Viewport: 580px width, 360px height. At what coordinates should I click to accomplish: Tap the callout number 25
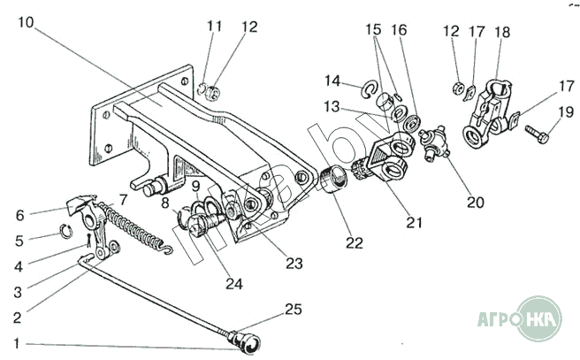[x=294, y=309]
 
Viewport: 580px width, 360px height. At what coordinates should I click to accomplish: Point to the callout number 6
[x=19, y=214]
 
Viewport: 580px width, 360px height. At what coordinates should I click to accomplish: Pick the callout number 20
[x=476, y=202]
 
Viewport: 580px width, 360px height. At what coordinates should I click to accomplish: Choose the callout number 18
[x=502, y=32]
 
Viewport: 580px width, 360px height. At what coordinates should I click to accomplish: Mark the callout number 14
[x=332, y=81]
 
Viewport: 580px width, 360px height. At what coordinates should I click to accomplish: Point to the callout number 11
[x=212, y=27]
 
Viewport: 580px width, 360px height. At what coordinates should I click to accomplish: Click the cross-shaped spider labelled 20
[x=433, y=140]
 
